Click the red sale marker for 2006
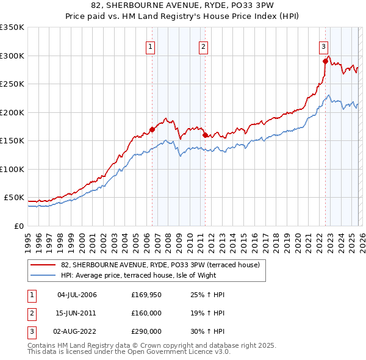[x=152, y=129]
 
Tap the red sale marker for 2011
[x=205, y=135]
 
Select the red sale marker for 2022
[x=325, y=61]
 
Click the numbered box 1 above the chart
[x=149, y=45]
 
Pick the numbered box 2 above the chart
[x=203, y=45]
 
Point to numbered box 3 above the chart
[x=323, y=45]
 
